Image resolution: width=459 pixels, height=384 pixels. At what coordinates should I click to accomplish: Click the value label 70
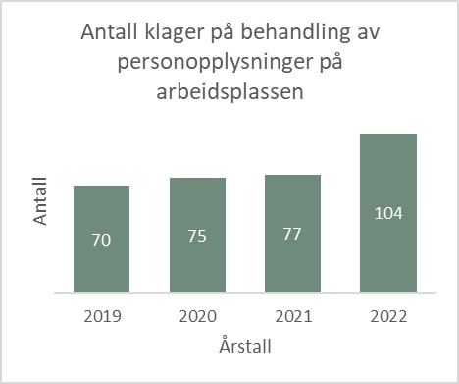(x=101, y=239)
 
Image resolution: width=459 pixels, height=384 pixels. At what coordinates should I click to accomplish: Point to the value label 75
(x=197, y=236)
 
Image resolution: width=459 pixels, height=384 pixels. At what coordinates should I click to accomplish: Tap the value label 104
(x=389, y=212)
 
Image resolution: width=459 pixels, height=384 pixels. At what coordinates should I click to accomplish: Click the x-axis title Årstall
(x=245, y=346)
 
